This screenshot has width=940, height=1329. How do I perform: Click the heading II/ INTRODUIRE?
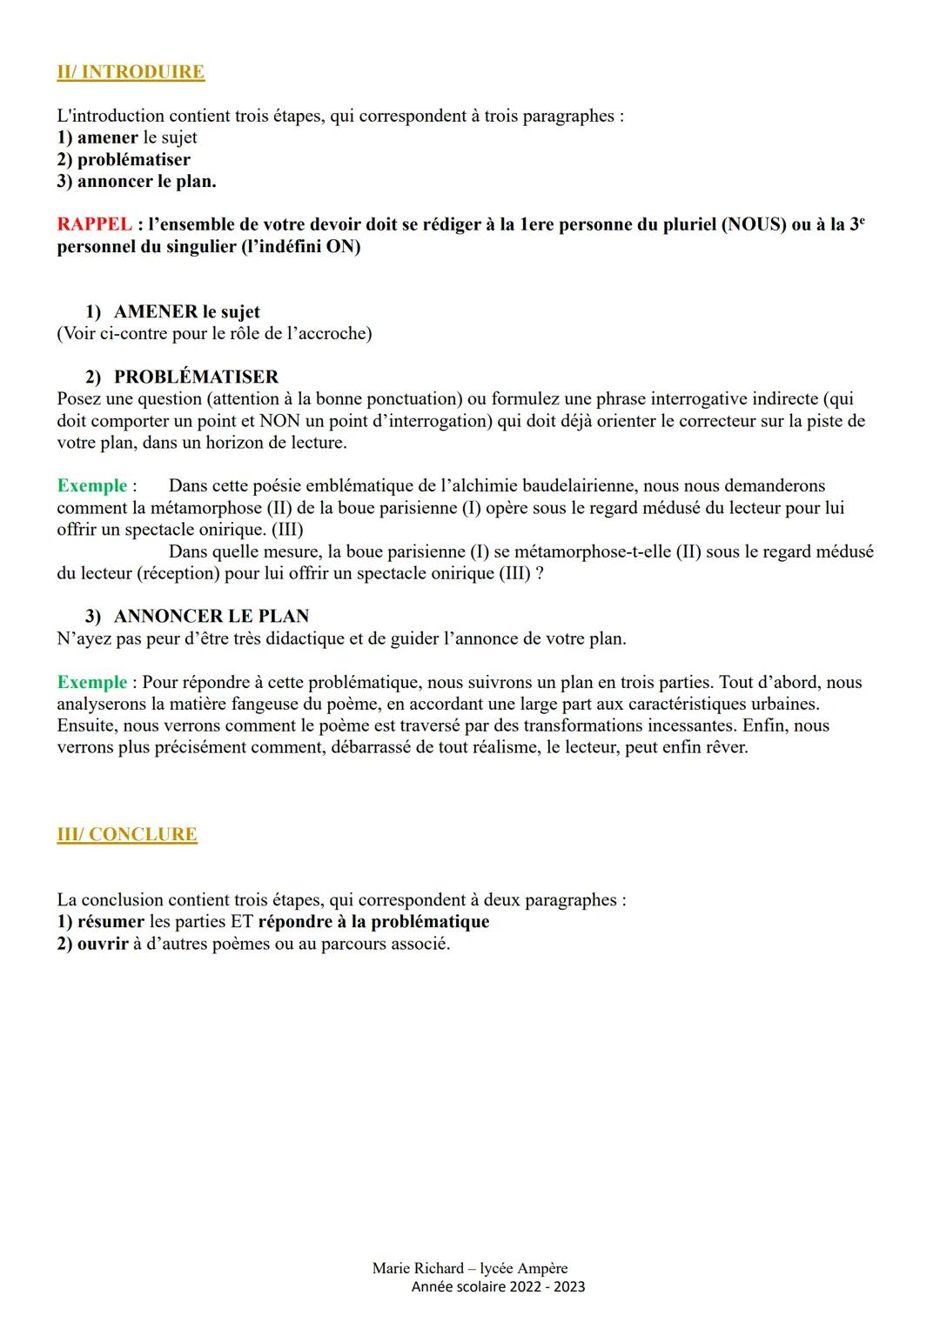click(131, 72)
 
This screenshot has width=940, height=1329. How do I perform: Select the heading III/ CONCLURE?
click(127, 834)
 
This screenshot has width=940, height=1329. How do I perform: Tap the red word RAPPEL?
click(94, 224)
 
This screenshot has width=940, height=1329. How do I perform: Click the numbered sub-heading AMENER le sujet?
click(186, 311)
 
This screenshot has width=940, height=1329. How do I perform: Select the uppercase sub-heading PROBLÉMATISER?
click(196, 377)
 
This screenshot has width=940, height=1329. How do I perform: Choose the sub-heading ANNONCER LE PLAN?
click(211, 616)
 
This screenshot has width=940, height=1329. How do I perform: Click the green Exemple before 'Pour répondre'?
click(91, 682)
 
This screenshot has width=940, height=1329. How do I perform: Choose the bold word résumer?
click(111, 922)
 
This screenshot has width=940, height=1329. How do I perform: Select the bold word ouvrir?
click(103, 944)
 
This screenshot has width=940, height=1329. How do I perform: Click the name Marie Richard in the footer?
click(418, 1268)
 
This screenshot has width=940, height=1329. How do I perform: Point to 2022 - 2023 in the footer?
click(547, 1286)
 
